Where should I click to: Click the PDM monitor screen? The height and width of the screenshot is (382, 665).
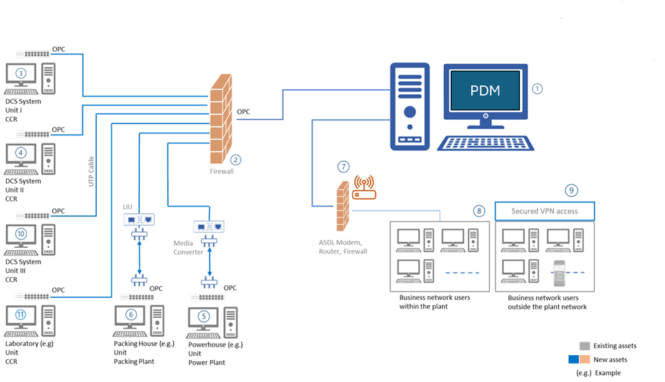485,91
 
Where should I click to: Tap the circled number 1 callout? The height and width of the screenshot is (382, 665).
537,89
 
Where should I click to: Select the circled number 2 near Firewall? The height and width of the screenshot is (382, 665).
235,159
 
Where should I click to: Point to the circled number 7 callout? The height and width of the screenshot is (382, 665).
342,167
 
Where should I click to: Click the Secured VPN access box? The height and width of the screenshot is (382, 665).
544,211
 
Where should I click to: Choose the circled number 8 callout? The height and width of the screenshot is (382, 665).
479,211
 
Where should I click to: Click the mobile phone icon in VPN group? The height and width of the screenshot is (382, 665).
559,272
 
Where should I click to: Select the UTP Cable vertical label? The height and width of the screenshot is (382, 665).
91,172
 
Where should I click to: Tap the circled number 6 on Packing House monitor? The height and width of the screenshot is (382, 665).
131,315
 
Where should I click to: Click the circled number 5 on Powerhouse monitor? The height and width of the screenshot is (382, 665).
203,316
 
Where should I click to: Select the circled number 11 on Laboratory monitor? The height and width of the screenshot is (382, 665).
21,315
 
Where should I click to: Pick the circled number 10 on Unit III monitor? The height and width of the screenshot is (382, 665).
21,234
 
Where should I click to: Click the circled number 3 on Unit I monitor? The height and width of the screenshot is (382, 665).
21,73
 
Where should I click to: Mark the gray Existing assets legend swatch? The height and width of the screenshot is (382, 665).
584,346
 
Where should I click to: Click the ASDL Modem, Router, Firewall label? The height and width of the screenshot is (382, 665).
341,247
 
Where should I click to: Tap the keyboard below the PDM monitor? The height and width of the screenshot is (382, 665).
486,143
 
